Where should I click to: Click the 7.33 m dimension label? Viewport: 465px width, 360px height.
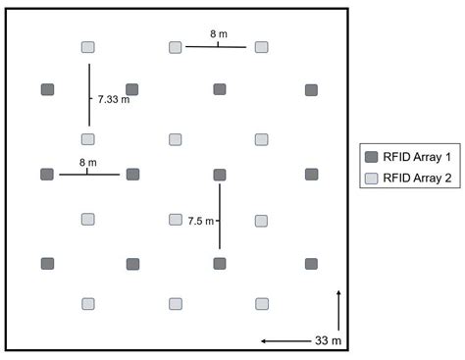click(x=114, y=100)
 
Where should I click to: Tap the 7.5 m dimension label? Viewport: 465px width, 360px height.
click(x=201, y=222)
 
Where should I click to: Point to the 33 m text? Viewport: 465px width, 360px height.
click(x=328, y=341)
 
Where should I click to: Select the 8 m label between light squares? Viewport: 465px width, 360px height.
click(x=219, y=34)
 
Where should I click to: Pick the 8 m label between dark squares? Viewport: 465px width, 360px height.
click(x=87, y=163)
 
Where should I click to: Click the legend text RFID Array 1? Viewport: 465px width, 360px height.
click(x=415, y=157)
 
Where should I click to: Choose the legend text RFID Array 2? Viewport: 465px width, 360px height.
click(x=415, y=179)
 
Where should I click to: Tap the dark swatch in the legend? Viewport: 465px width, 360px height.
click(x=371, y=157)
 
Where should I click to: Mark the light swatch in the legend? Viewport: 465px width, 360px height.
click(x=371, y=179)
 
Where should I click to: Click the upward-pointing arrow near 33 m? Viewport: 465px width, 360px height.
click(x=338, y=309)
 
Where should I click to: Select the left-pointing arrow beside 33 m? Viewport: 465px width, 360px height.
click(x=284, y=341)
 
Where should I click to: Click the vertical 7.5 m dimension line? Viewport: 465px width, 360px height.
click(x=220, y=216)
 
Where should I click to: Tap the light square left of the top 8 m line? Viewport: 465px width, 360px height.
click(x=176, y=46)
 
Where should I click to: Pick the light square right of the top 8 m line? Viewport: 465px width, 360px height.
click(x=262, y=46)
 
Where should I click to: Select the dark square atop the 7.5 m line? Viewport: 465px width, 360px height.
click(x=220, y=175)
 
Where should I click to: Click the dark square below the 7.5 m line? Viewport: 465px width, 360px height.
click(x=220, y=264)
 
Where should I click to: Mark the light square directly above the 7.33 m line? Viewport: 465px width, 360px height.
click(x=88, y=47)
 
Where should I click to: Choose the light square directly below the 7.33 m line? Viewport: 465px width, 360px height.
click(x=88, y=139)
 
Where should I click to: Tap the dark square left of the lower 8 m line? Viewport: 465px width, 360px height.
click(x=47, y=175)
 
